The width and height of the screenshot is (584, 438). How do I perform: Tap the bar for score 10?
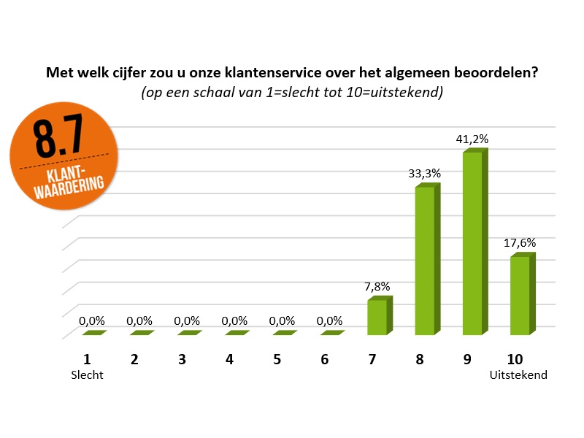[x=519, y=295]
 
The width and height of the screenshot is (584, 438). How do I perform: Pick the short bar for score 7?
[x=377, y=317]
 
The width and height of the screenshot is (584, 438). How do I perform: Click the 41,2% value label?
[x=472, y=139]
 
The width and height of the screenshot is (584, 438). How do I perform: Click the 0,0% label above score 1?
[x=92, y=320]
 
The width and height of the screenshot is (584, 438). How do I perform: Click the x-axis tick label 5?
[x=277, y=359]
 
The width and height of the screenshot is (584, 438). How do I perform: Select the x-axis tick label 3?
[x=182, y=359]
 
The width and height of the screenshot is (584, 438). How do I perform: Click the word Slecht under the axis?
[x=88, y=375]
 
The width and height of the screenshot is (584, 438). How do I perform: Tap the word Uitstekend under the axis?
[x=518, y=375]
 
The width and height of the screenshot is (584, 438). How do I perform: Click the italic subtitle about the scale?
[x=292, y=93]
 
